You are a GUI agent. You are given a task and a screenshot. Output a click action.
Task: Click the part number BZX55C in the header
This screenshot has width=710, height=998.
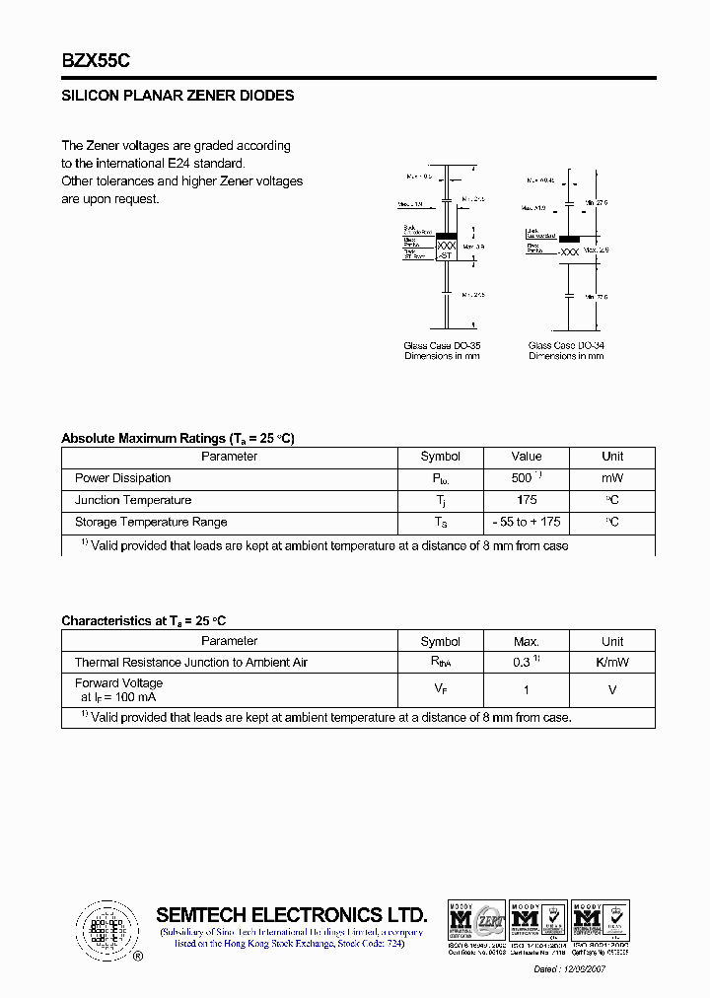[x=96, y=60]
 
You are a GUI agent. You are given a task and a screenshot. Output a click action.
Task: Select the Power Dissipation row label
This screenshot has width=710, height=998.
[x=122, y=478]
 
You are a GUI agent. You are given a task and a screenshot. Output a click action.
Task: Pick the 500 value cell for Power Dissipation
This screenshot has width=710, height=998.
[x=524, y=478]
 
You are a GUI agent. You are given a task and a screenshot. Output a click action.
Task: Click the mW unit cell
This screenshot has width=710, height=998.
[x=611, y=478]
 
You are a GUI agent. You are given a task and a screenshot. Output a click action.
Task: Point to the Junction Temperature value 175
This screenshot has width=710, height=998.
[x=526, y=500]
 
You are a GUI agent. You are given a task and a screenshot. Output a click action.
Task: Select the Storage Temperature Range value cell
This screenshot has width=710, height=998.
[x=526, y=522]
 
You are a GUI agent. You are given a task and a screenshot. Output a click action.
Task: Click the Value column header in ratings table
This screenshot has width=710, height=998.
[x=526, y=457]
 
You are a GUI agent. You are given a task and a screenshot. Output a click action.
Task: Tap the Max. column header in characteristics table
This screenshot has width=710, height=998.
[x=526, y=641]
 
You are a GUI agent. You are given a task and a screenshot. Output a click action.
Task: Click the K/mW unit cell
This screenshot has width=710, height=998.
[x=611, y=663]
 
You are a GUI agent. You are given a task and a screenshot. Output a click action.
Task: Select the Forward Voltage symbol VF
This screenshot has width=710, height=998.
[x=440, y=690]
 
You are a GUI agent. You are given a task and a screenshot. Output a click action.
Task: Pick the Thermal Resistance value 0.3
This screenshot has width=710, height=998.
[x=524, y=663]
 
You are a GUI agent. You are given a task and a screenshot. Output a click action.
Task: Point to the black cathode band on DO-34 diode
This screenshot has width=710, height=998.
[x=569, y=239]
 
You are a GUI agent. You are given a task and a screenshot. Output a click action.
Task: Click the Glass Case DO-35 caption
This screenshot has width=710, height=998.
[x=441, y=346]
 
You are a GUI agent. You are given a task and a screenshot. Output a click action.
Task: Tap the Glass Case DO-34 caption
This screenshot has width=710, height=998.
[x=566, y=346]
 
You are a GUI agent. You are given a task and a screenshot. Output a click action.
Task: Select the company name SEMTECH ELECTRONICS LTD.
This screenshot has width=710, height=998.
[x=292, y=914]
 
